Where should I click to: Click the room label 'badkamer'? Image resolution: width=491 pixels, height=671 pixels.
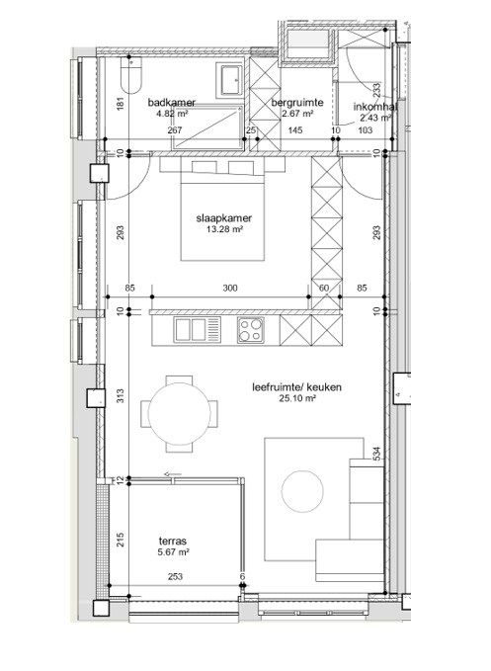tap(171, 102)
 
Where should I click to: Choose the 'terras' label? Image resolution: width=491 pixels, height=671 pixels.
tap(174, 541)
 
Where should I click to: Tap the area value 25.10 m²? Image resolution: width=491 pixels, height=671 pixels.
tap(295, 399)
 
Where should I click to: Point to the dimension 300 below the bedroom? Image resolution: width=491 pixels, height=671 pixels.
tap(230, 289)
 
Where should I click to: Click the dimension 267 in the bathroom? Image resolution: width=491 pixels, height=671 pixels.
tap(174, 130)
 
